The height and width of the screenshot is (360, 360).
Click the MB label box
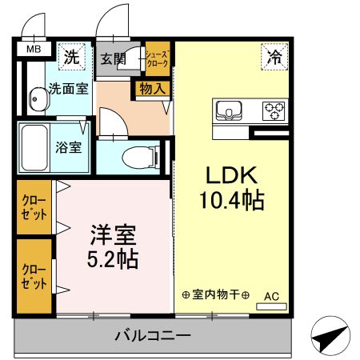34,50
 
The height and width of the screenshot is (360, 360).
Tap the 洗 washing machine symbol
73,57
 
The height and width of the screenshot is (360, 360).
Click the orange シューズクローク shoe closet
156,58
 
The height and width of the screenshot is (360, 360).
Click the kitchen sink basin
226,109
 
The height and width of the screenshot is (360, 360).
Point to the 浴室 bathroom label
67,147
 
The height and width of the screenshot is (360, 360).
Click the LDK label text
232,175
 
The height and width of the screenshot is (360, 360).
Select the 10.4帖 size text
232,200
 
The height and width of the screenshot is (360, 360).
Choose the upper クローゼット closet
34,207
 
